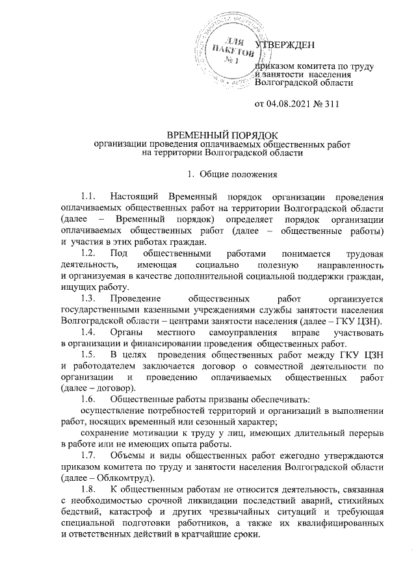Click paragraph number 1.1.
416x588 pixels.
pyautogui.click(x=88, y=196)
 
